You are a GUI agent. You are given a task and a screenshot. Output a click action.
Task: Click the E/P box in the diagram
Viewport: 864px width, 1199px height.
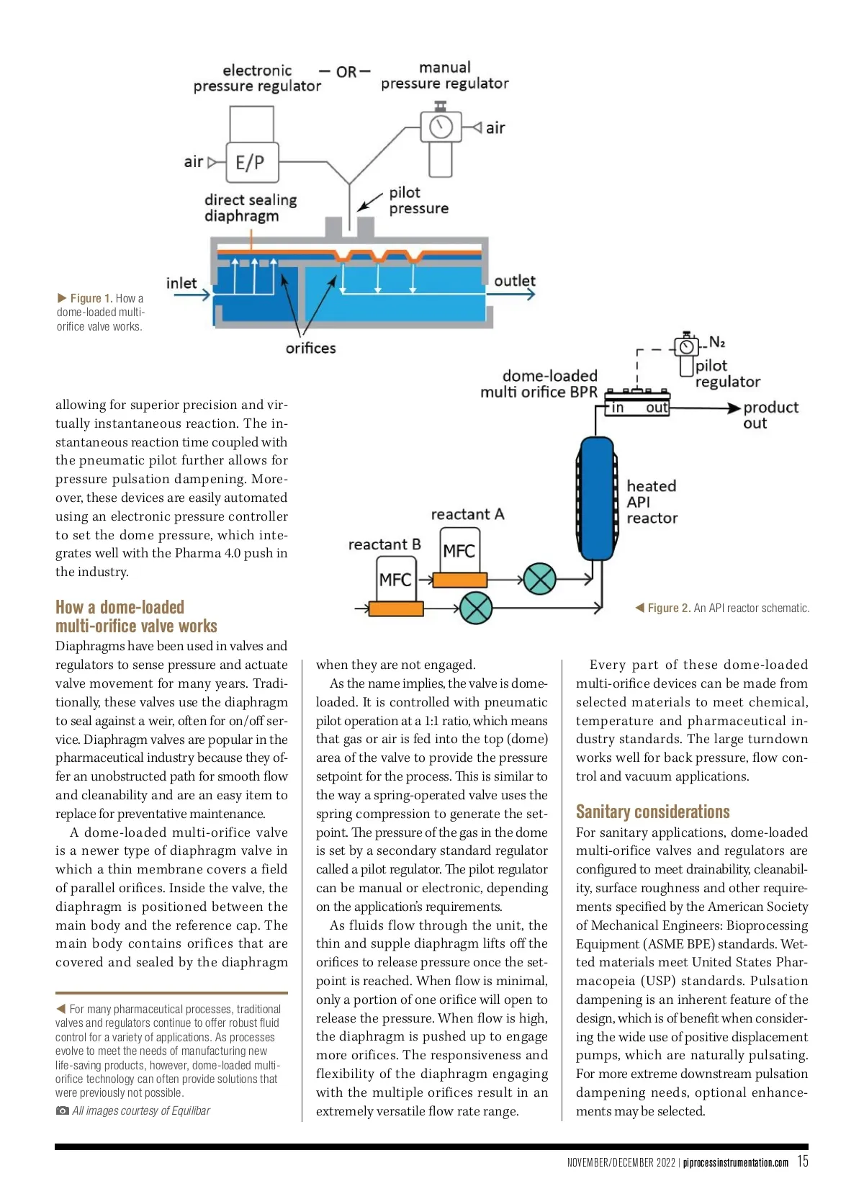(x=250, y=162)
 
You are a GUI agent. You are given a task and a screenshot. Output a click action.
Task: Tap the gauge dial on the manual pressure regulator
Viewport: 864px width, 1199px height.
(x=441, y=127)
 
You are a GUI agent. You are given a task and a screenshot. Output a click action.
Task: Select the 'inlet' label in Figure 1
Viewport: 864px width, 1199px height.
(x=181, y=283)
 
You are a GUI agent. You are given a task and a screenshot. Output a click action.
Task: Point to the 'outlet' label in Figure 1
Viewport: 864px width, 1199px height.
(x=514, y=281)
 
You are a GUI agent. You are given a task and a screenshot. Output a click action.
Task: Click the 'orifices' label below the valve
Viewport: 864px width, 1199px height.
(x=310, y=348)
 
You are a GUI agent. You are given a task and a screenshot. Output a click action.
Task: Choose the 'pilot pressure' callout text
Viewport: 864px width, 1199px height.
(x=418, y=200)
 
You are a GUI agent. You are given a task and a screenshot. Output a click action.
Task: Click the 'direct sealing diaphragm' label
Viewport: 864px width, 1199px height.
(x=250, y=207)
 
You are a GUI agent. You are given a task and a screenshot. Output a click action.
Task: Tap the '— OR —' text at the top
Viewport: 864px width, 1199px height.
(x=345, y=72)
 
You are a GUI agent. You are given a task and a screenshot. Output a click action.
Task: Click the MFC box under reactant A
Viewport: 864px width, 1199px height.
(x=459, y=551)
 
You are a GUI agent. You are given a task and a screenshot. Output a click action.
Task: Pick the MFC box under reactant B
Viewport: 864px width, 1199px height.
(x=395, y=580)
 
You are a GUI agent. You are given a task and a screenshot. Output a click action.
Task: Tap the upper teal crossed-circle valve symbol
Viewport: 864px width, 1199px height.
(x=539, y=578)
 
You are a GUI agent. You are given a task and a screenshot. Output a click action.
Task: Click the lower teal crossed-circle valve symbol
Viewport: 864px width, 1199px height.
(x=475, y=609)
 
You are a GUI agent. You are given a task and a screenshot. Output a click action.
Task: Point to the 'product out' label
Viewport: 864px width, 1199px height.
(x=770, y=415)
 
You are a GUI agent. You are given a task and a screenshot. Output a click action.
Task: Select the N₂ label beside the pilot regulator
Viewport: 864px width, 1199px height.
(x=717, y=341)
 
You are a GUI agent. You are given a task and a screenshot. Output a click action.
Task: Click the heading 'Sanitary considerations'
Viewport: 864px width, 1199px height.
(x=652, y=812)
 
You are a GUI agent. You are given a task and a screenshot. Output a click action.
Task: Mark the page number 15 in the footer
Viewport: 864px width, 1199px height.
(x=802, y=1161)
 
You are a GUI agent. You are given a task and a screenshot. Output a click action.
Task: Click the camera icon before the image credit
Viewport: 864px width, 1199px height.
(x=62, y=1110)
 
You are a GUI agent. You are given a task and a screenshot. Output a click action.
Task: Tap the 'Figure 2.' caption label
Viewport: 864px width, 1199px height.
(x=669, y=608)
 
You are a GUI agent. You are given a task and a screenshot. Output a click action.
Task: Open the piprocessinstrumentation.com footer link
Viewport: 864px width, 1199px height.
(x=735, y=1162)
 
